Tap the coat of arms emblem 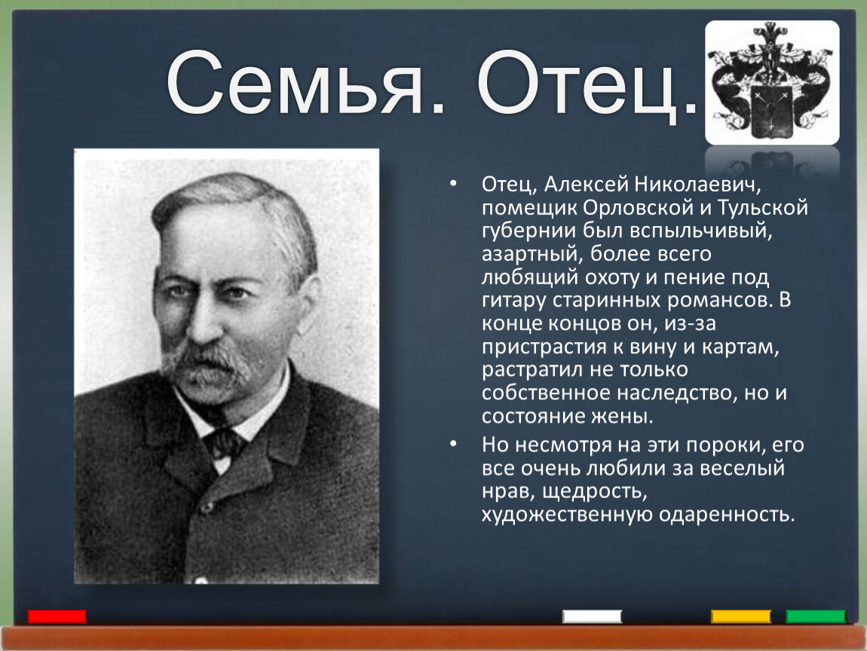pos(772,82)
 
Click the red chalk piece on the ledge pos(57,616)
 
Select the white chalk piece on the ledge pos(592,616)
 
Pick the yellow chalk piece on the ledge pos(740,616)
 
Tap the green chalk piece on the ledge pos(816,616)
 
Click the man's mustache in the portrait pos(204,362)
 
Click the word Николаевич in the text pos(697,184)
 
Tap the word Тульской pos(763,207)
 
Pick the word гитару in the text pos(513,300)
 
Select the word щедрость pos(595,491)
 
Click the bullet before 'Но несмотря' pos(453,444)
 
